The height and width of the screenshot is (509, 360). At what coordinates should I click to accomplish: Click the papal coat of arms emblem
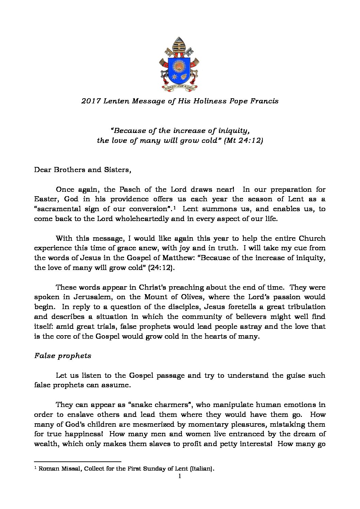(179, 65)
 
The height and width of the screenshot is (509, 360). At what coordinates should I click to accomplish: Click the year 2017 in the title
(89, 101)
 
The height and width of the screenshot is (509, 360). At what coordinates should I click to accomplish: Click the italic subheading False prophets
(63, 356)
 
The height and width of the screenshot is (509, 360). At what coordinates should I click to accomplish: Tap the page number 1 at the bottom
(180, 476)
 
